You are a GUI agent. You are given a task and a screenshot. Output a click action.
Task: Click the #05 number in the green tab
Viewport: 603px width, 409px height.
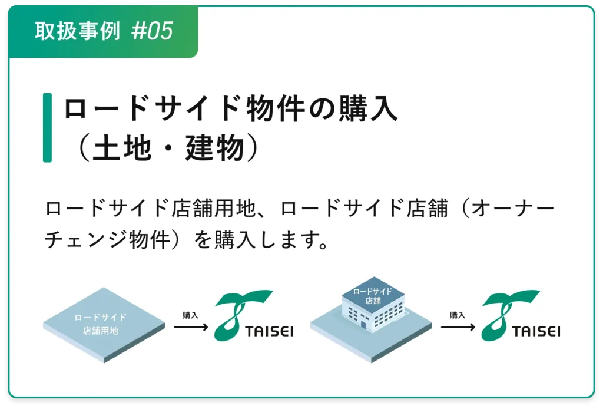pyautogui.click(x=152, y=31)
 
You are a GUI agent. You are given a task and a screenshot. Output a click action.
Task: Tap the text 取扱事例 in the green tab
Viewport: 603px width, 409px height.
pyautogui.click(x=77, y=31)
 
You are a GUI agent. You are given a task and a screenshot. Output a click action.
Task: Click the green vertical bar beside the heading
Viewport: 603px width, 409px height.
pyautogui.click(x=47, y=127)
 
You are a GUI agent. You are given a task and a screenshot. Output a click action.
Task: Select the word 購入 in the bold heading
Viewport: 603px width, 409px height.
pyautogui.click(x=368, y=109)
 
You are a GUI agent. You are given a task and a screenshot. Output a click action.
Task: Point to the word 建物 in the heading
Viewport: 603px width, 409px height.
pyautogui.click(x=215, y=148)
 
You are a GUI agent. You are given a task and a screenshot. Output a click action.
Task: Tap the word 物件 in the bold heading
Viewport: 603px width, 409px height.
pyautogui.click(x=276, y=109)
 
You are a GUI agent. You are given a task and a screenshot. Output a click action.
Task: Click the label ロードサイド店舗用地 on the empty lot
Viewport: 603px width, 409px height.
pyautogui.click(x=100, y=324)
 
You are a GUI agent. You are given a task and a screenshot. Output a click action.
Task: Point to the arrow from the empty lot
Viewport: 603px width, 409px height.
pyautogui.click(x=191, y=328)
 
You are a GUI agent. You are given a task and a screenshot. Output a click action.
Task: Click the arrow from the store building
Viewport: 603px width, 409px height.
pyautogui.click(x=458, y=328)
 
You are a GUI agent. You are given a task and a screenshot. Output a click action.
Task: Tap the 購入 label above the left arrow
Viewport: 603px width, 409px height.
pyautogui.click(x=190, y=315)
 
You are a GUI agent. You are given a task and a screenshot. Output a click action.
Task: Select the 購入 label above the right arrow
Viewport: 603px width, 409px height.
pyautogui.click(x=458, y=315)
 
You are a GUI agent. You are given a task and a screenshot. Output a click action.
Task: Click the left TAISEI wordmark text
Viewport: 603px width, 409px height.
pyautogui.click(x=269, y=332)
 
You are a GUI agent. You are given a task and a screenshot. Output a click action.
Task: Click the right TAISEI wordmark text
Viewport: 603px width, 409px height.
pyautogui.click(x=536, y=332)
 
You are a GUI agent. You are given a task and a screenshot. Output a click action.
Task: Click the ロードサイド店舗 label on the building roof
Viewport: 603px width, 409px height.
pyautogui.click(x=373, y=296)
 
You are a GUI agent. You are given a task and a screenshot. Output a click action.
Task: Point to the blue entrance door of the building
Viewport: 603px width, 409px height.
pyautogui.click(x=363, y=324)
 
